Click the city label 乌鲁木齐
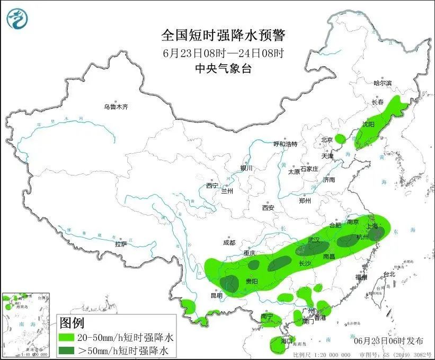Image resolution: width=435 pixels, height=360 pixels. coord(116,107)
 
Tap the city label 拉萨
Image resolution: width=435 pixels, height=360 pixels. coord(121,244)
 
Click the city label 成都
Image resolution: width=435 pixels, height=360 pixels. coord(229,242)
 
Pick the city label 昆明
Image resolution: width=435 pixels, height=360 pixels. coord(217,295)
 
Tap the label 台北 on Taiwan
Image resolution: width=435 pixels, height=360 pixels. coord(389,274)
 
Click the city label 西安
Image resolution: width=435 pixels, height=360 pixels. coord(268,208)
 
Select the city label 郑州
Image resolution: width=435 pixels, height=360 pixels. coord(305,200)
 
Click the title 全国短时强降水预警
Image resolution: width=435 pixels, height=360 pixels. coord(223,36)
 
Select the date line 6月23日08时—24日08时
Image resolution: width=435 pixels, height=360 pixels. coord(223,53)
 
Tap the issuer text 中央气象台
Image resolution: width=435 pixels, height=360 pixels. coord(223,68)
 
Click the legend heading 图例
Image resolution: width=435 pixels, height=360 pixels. coord(72,322)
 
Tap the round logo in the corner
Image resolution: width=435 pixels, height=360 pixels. coord(17,19)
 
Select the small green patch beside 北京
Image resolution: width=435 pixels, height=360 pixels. coord(340,139)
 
